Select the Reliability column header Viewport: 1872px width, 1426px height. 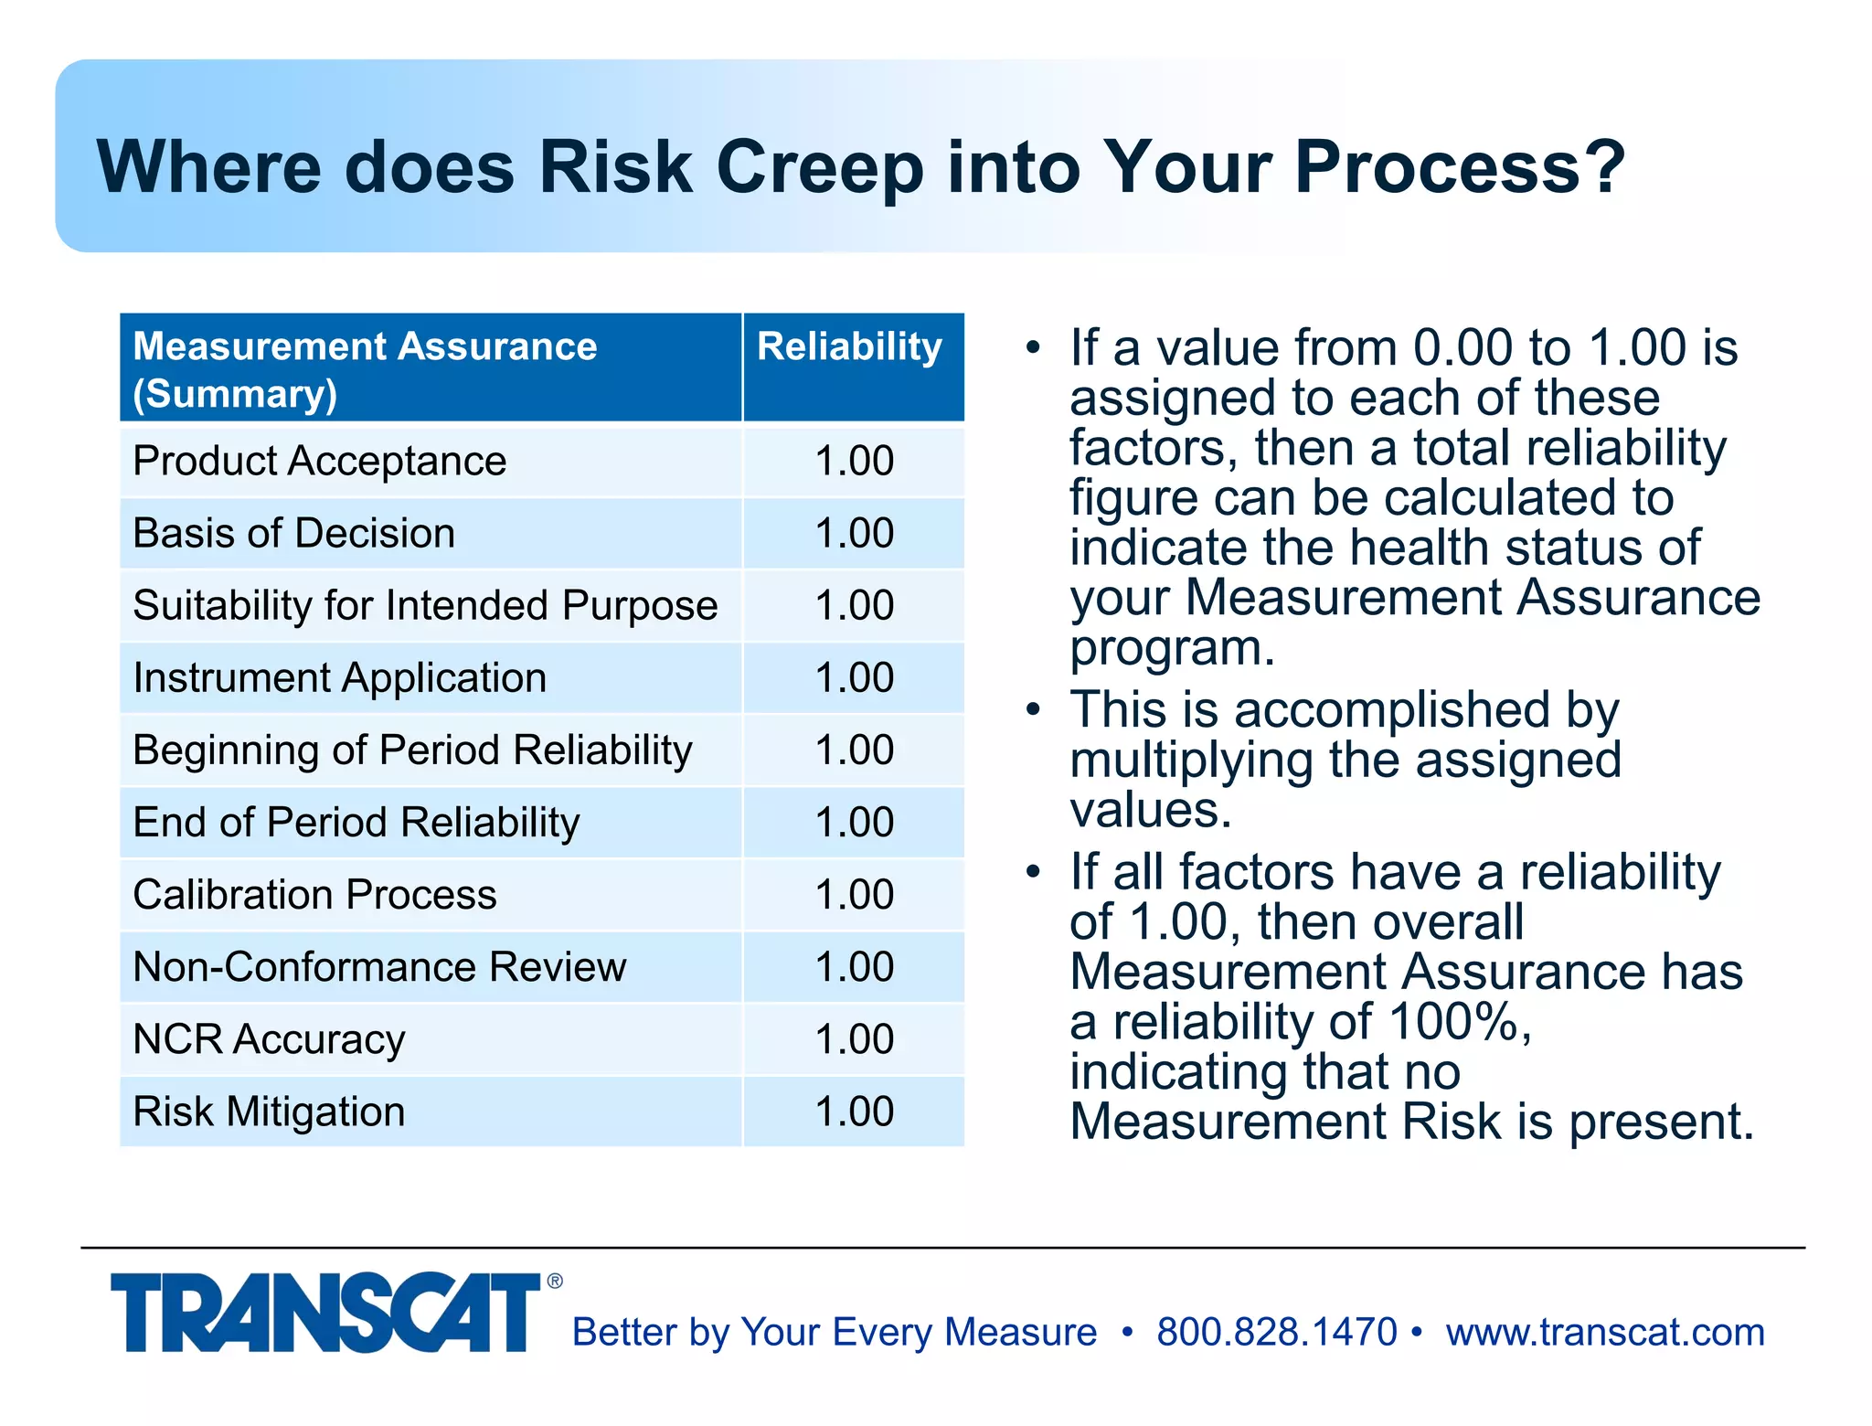(x=850, y=347)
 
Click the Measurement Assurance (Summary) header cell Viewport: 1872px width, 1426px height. (x=366, y=368)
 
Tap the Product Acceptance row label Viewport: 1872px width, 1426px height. (x=319, y=461)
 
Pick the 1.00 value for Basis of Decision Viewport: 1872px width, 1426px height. (x=854, y=533)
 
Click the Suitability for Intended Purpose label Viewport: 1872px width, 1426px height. (x=425, y=605)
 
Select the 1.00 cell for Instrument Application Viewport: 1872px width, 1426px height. (x=854, y=677)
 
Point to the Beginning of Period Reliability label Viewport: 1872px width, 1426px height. (x=412, y=750)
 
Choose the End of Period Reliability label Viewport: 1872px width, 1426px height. (x=356, y=823)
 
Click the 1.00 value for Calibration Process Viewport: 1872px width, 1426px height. (x=854, y=894)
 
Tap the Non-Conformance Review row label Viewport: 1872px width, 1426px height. (x=379, y=967)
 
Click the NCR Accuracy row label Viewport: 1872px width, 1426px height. (x=269, y=1039)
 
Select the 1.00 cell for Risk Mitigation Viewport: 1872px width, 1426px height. (x=854, y=1112)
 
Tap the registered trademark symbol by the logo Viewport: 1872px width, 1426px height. (x=555, y=1282)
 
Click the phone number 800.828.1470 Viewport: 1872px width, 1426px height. (x=1276, y=1332)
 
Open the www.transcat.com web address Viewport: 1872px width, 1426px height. (x=1604, y=1332)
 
